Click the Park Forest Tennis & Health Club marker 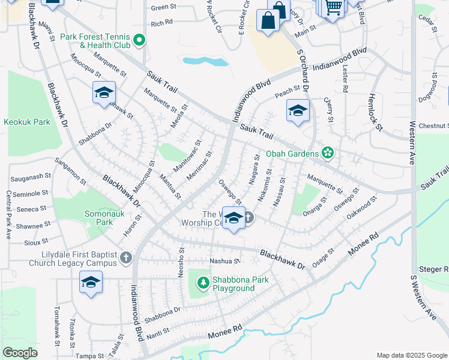[x=139, y=41]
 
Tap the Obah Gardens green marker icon [x=327, y=154]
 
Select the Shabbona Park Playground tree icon [x=203, y=282]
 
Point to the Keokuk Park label [x=26, y=122]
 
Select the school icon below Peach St [x=297, y=111]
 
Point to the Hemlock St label [x=375, y=112]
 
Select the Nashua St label [x=224, y=261]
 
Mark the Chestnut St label [x=434, y=126]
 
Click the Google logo [x=19, y=353]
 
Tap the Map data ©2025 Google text [x=411, y=355]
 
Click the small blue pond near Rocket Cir [x=198, y=61]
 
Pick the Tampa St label [x=90, y=356]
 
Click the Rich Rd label [x=162, y=24]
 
